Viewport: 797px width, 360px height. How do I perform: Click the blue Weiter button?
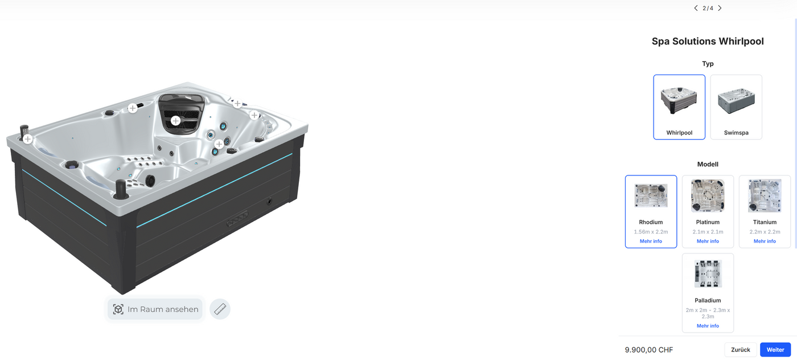click(x=775, y=350)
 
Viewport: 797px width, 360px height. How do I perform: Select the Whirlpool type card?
click(x=679, y=107)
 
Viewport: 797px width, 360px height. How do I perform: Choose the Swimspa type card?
click(x=736, y=107)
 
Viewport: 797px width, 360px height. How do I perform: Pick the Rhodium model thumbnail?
click(x=651, y=195)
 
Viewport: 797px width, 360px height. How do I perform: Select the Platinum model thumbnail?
click(x=708, y=195)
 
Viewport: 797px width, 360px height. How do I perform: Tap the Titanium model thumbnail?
click(x=765, y=195)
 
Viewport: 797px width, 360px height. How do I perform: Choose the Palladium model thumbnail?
click(x=708, y=274)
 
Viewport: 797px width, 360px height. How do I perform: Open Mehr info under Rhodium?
click(x=651, y=241)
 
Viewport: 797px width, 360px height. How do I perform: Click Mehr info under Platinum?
click(x=708, y=241)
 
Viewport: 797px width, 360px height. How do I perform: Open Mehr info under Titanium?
click(x=765, y=241)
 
